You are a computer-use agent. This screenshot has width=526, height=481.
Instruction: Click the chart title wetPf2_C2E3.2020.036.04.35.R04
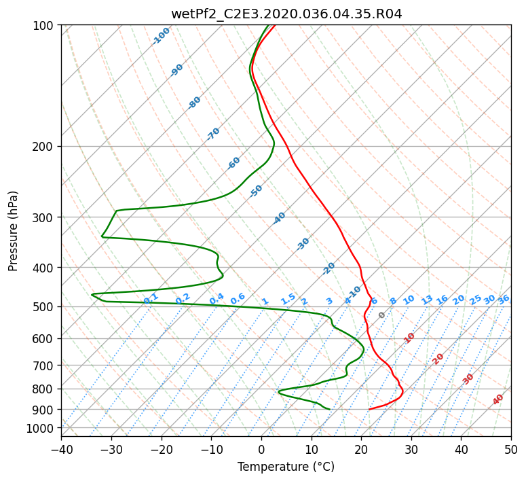tap(286, 14)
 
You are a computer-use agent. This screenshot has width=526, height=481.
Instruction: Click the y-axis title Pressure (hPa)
tap(13, 231)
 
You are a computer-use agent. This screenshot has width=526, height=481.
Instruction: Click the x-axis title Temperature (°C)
tap(286, 467)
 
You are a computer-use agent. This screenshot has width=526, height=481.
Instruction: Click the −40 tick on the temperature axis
tap(61, 449)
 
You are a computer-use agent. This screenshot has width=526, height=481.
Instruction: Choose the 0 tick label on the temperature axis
tap(262, 449)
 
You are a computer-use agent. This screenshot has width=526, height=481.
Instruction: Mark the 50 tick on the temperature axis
tap(511, 449)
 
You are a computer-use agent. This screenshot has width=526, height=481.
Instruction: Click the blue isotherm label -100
tap(161, 36)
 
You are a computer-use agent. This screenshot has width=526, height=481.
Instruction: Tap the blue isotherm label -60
tap(233, 163)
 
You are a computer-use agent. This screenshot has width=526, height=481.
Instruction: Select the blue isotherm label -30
tap(303, 244)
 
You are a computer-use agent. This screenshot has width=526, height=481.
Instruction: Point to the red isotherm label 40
tap(497, 399)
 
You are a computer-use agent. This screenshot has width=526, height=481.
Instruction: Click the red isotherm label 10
tap(409, 338)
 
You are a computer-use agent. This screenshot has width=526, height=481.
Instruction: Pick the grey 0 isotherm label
tap(381, 315)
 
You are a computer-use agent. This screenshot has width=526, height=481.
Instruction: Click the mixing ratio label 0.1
tap(151, 299)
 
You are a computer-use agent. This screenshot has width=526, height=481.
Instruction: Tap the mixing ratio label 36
tap(504, 300)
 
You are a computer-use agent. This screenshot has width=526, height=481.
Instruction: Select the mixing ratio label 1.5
tap(288, 299)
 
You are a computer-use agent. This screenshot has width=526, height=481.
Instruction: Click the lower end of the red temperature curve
tap(369, 409)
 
